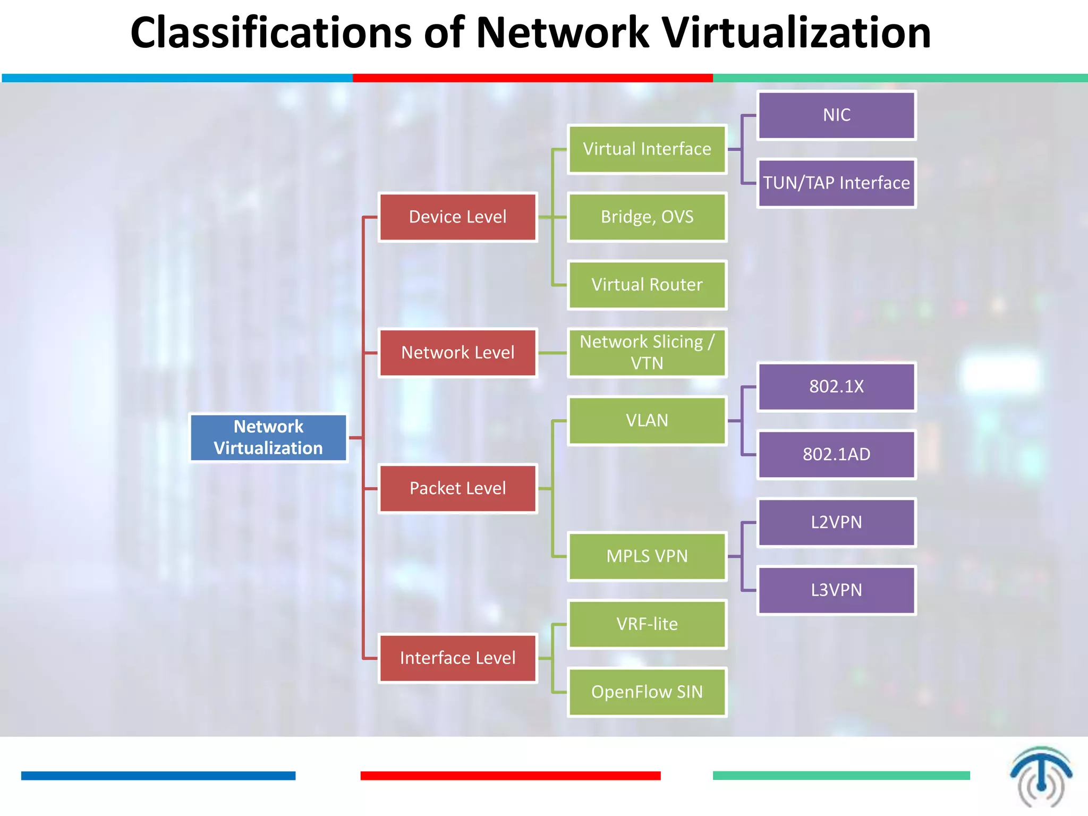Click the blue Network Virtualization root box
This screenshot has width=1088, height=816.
pos(268,438)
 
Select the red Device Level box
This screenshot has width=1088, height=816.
pos(457,217)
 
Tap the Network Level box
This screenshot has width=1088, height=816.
pos(457,353)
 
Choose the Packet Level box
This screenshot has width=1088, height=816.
pos(457,488)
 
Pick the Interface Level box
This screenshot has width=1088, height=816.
pos(457,658)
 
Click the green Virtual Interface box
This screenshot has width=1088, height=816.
pos(647,149)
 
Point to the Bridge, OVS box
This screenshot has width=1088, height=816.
pos(647,217)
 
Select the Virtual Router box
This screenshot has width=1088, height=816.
pos(647,285)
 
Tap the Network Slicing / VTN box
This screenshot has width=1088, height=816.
pos(647,353)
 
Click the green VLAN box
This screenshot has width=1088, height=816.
pos(647,421)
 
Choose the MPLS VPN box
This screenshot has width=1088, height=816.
pos(647,556)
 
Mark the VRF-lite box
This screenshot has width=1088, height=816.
pos(647,624)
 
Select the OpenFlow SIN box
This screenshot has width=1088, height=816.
pos(647,692)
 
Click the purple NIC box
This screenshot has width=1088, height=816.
pos(836,115)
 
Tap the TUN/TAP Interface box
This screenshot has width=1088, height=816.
pos(836,183)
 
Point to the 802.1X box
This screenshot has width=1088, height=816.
pos(836,387)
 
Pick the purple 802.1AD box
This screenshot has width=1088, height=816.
pos(836,455)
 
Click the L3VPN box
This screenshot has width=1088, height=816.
pos(836,590)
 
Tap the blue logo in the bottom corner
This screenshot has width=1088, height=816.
pos(1041,776)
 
